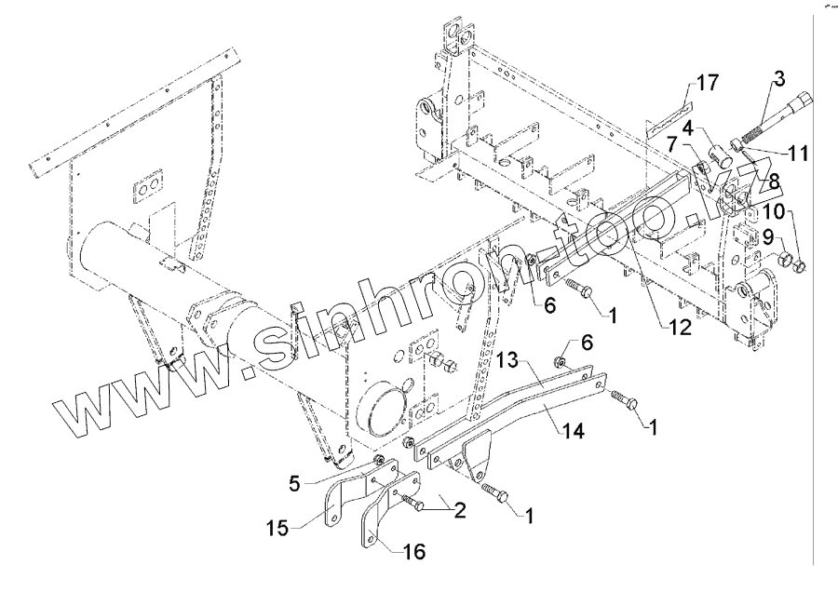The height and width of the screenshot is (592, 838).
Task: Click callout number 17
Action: (x=707, y=84)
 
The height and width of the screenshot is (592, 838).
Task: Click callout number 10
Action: (x=776, y=211)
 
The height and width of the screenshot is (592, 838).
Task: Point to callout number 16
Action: (x=414, y=552)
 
